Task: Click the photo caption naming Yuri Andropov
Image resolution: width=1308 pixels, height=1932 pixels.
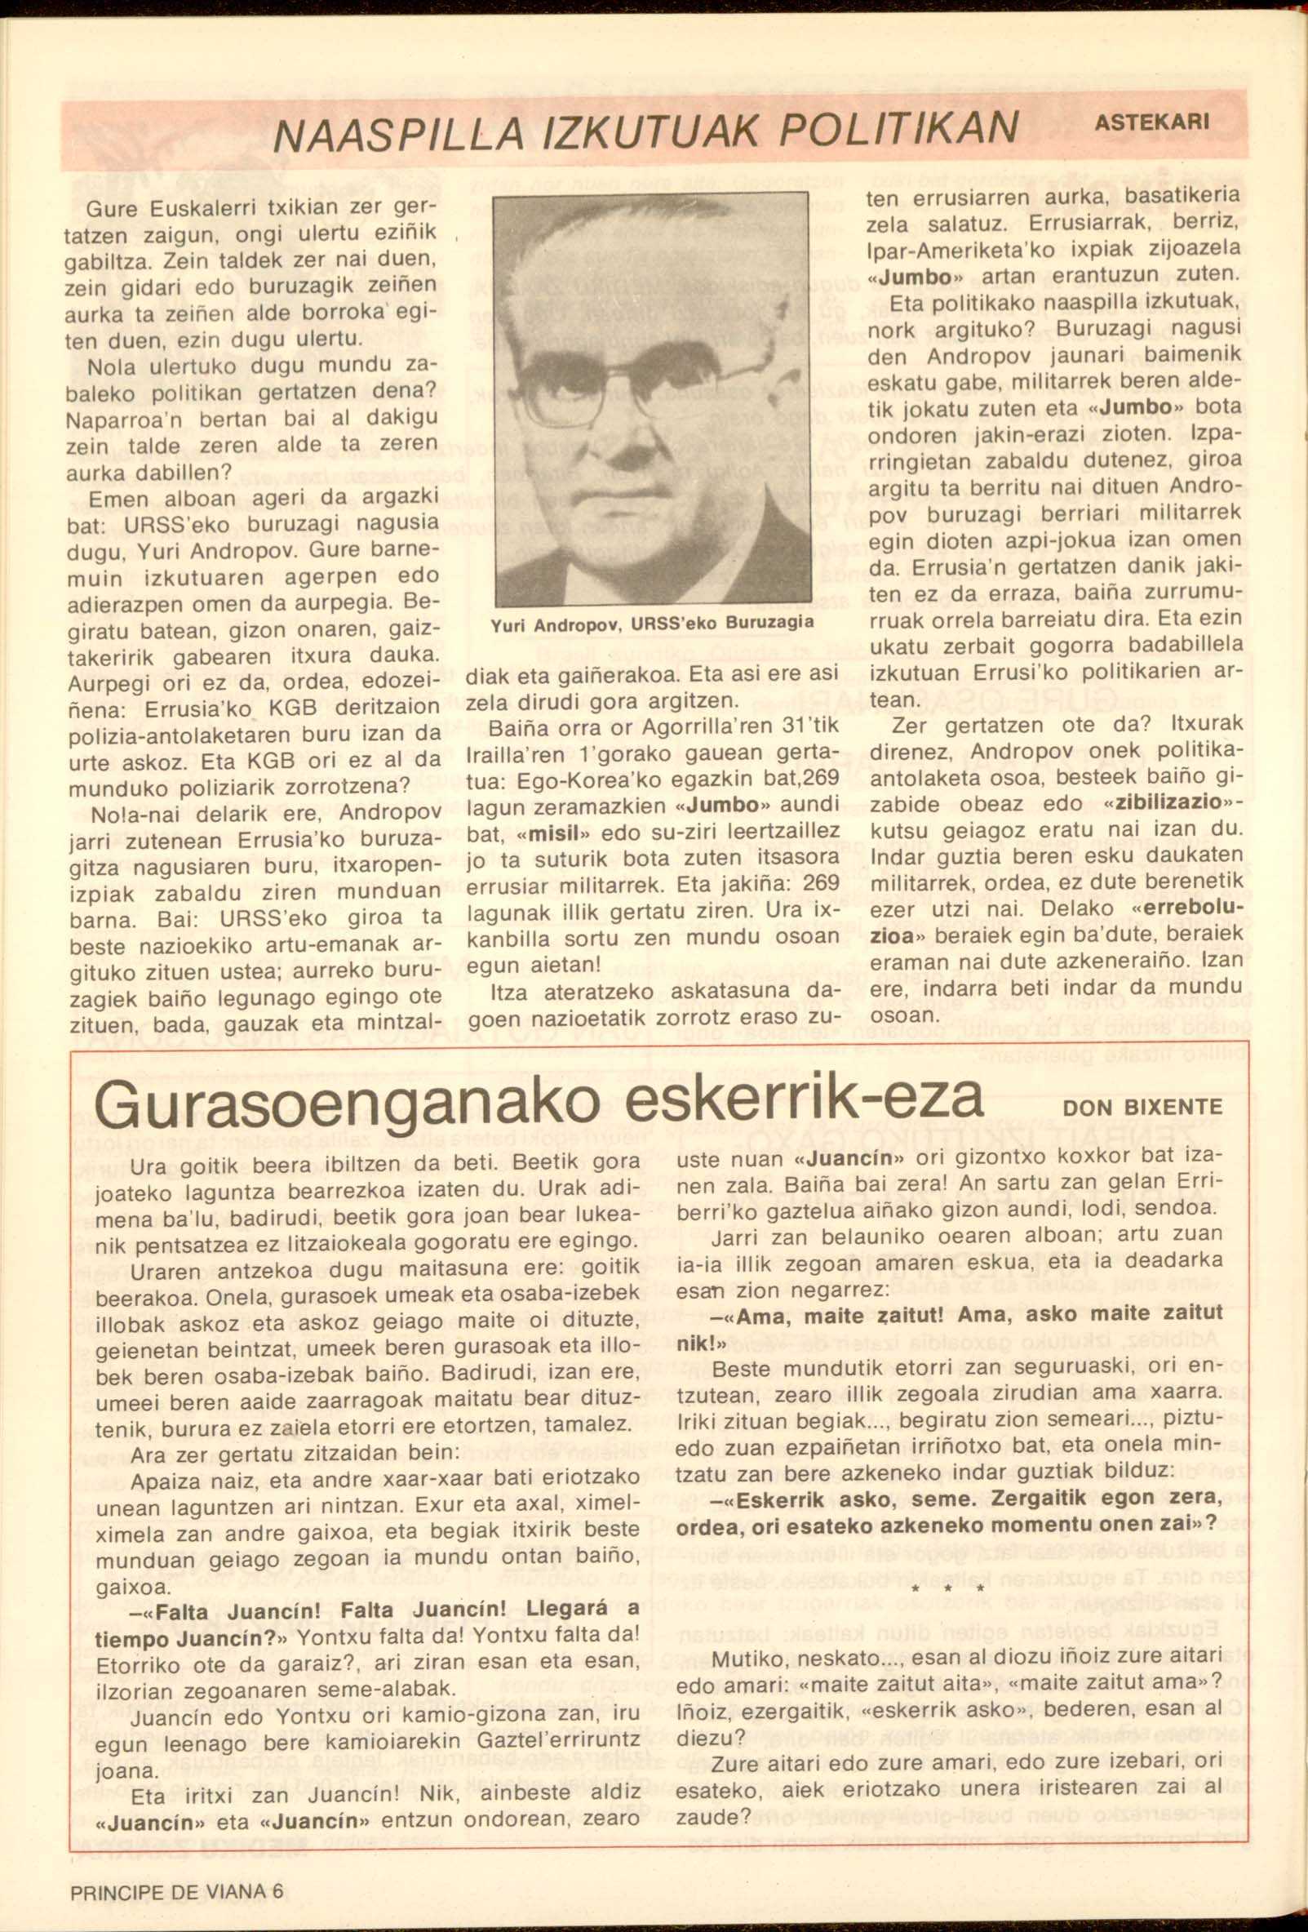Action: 651,623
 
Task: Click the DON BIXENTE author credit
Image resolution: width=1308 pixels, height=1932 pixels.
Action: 1142,1108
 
